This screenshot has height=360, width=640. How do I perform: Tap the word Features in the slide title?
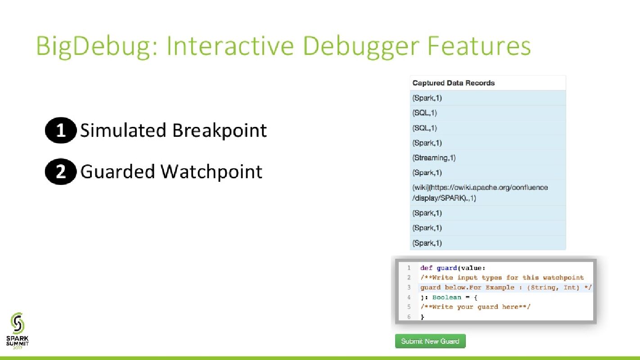478,46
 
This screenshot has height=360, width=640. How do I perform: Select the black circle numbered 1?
61,130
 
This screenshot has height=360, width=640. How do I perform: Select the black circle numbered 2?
61,172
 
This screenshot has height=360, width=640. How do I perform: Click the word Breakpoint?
220,130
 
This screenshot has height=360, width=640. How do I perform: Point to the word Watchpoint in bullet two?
211,172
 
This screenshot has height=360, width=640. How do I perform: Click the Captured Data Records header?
453,83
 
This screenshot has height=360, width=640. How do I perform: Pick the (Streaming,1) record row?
488,157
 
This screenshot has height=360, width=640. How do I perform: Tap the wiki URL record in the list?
488,193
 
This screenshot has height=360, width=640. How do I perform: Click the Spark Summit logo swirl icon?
18,323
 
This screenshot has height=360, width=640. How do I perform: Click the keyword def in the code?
426,268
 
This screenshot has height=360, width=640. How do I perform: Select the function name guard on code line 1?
447,268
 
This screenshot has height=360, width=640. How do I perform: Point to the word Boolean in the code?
446,297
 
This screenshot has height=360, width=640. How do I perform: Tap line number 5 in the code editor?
409,307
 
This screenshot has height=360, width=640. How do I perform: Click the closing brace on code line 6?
422,316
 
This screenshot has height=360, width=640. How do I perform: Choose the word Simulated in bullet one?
123,130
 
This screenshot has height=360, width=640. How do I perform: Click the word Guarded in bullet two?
117,172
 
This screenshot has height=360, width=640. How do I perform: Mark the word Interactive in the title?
230,46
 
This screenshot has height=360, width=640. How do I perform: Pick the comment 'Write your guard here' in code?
475,307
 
